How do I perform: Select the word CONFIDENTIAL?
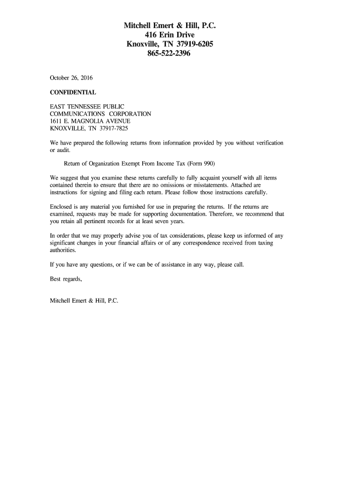point(73,92)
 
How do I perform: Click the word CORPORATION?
point(130,114)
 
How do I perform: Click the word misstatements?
point(210,185)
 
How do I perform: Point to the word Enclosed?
point(62,206)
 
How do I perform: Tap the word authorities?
point(63,250)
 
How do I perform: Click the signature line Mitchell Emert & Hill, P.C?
point(84,301)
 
